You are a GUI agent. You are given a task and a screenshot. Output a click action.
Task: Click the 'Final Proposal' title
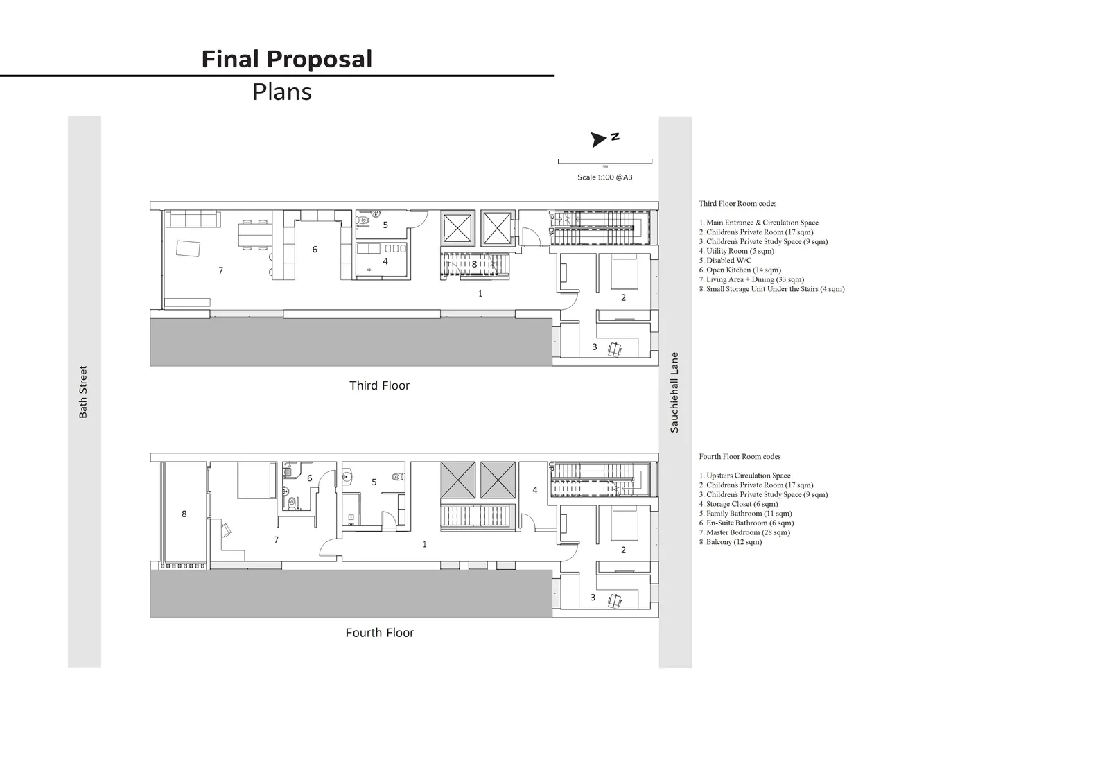pos(287,60)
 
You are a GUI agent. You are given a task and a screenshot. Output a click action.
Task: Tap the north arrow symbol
pos(599,139)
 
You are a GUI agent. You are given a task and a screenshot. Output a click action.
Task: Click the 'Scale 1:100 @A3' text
pos(605,177)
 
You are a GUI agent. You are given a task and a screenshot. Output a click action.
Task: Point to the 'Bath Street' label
pos(83,392)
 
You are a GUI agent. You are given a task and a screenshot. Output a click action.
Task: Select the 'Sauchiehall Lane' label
pos(674,393)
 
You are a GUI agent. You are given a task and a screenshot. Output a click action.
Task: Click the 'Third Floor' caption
pos(379,385)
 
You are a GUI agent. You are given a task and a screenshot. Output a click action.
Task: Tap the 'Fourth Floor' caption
pos(380,632)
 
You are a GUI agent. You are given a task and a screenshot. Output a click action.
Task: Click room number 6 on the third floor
pos(315,250)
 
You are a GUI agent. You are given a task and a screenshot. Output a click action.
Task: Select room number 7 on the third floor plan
pos(221,270)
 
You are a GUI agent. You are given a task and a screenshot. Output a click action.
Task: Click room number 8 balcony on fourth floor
pos(184,514)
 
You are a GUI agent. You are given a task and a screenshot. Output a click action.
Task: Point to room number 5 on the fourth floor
pos(374,482)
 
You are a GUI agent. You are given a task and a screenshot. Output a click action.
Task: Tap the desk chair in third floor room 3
pos(615,349)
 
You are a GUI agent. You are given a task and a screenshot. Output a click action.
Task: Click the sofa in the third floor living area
pos(193,219)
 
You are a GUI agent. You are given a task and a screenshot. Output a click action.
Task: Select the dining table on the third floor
pos(256,235)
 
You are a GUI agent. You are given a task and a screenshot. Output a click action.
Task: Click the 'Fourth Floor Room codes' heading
pos(740,457)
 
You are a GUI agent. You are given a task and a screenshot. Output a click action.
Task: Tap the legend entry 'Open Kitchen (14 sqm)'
pos(740,270)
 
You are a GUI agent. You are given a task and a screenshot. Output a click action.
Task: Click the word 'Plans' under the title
pos(282,92)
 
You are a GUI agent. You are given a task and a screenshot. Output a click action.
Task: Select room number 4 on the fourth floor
pos(534,490)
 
